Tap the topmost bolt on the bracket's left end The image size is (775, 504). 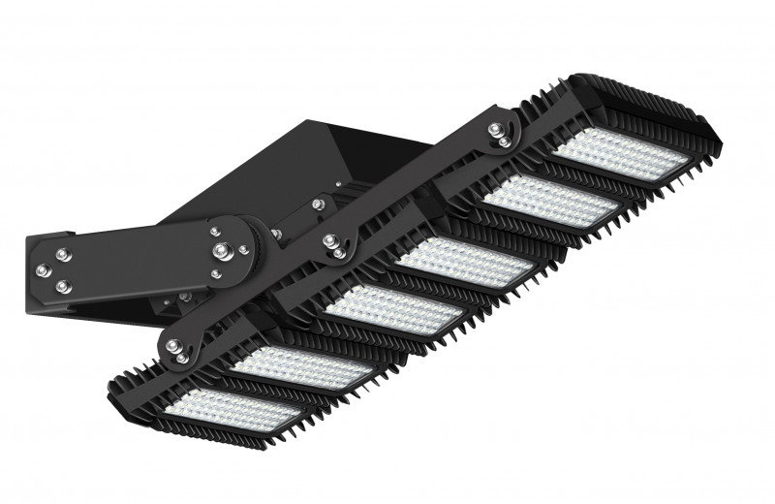click(63, 254)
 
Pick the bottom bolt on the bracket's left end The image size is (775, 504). click(63, 287)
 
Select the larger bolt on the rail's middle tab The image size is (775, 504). click(335, 241)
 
